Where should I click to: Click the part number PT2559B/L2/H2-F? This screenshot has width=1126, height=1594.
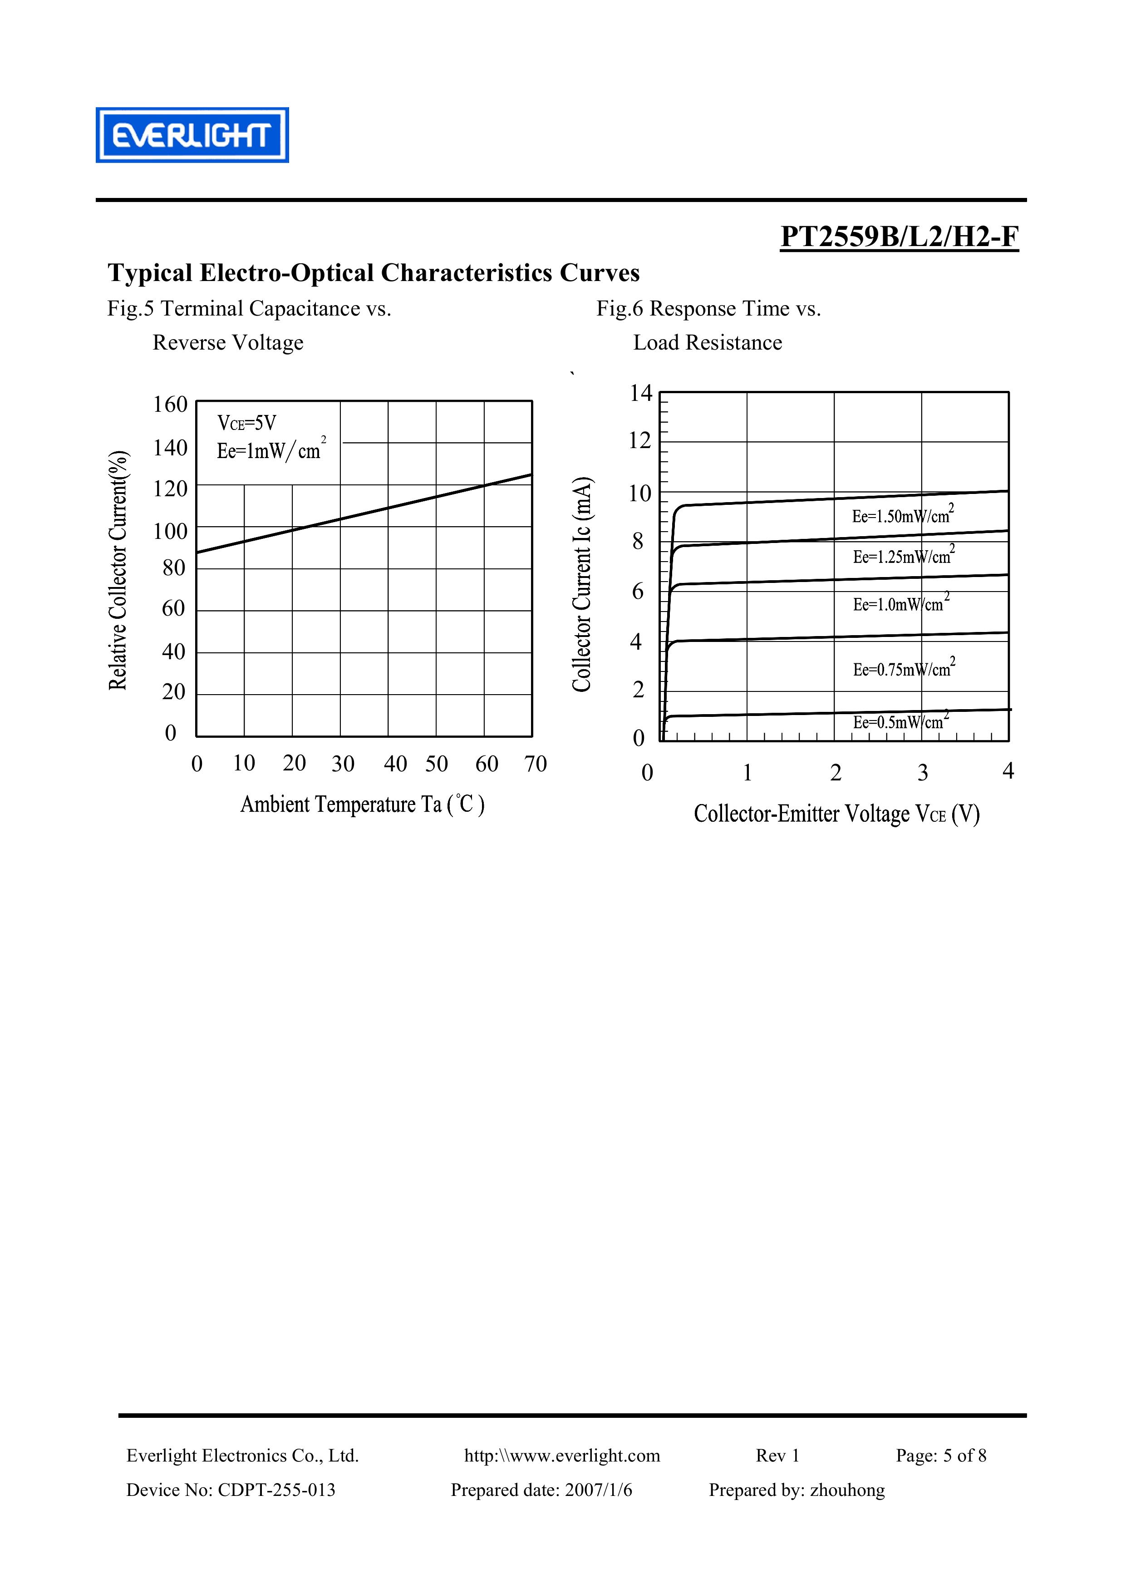click(x=899, y=237)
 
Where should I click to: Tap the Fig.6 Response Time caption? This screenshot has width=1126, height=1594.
click(x=708, y=308)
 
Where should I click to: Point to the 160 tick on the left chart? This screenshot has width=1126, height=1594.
click(x=171, y=404)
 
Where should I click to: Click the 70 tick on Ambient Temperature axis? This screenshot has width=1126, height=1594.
click(x=535, y=764)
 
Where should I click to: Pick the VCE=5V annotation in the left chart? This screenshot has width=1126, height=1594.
click(x=246, y=423)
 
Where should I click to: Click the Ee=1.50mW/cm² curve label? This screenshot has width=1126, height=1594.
click(x=902, y=515)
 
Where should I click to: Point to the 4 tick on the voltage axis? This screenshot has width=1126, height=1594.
click(x=1008, y=770)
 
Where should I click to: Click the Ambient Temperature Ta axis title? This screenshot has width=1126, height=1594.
click(x=362, y=804)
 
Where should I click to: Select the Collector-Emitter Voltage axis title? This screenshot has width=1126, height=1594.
click(x=836, y=814)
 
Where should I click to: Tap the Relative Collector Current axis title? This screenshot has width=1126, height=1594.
click(x=118, y=570)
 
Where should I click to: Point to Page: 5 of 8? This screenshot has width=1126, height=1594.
click(x=941, y=1455)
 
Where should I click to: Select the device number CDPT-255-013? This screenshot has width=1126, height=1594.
click(x=276, y=1490)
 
